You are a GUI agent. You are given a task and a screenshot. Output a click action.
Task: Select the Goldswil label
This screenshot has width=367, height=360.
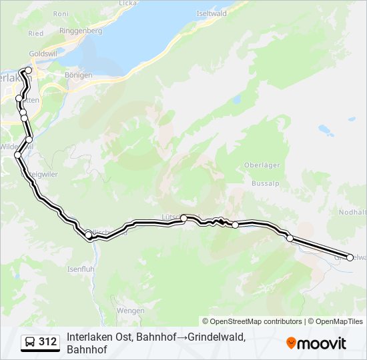(42, 54)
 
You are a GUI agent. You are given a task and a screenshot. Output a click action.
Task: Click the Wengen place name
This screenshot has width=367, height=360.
(130, 311)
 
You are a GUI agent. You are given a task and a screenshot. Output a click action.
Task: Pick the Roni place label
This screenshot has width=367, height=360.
(61, 13)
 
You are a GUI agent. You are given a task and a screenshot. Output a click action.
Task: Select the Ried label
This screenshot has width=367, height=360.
(36, 33)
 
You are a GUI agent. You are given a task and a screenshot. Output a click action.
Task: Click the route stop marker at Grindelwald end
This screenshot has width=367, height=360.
(350, 257)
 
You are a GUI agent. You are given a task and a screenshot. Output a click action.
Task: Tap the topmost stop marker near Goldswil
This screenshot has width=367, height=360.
(28, 70)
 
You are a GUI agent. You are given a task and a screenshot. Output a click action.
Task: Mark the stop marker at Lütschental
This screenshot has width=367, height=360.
(183, 218)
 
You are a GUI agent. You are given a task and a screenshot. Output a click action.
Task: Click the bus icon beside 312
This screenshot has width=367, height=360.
(30, 342)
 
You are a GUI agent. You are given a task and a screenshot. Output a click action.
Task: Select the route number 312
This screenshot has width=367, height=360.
(48, 342)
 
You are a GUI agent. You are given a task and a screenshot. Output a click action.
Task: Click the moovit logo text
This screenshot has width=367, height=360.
(322, 343)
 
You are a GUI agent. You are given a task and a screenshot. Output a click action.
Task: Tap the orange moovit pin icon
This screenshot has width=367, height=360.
(291, 343)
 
